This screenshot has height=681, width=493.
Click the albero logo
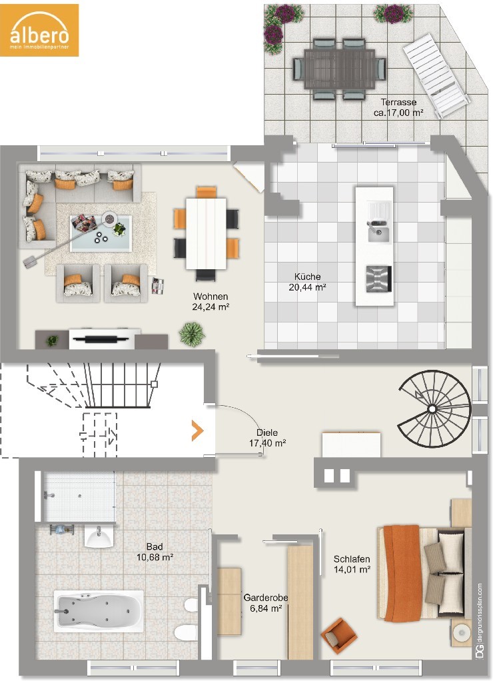click(39, 30)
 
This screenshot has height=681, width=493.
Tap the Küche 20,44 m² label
click(307, 282)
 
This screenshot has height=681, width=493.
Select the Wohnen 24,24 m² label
click(211, 301)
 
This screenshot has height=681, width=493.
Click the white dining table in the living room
click(207, 234)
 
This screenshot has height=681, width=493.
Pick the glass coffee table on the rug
click(101, 233)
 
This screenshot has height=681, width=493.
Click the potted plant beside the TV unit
click(192, 334)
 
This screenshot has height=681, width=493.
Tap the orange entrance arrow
click(198, 431)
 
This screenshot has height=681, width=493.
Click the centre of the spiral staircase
click(432, 408)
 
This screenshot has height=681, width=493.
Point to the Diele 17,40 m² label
click(267, 438)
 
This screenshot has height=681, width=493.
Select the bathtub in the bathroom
click(99, 611)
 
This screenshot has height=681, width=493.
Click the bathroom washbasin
click(99, 537)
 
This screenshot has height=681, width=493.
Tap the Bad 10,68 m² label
click(155, 552)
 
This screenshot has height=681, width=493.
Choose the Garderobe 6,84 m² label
click(266, 603)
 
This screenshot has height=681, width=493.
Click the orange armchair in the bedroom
click(339, 635)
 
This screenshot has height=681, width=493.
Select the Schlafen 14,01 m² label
click(352, 564)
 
